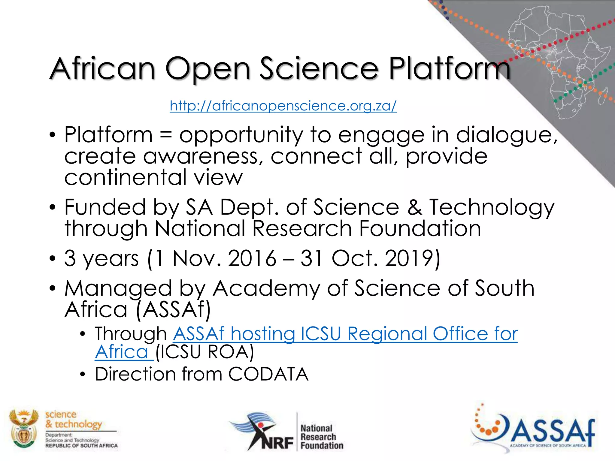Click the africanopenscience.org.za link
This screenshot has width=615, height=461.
coord(283,106)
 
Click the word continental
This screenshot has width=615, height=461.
coord(126,177)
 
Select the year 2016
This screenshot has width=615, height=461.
coord(252,258)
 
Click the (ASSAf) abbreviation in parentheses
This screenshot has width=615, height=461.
coord(173,310)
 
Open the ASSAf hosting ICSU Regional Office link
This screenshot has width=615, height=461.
coord(345,334)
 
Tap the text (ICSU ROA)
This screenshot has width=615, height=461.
coord(204,352)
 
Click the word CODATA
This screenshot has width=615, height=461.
coord(268,374)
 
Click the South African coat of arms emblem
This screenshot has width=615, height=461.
coord(24,428)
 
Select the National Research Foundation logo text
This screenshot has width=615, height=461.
coord(322,437)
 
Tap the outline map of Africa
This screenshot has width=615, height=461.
coord(565,60)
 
